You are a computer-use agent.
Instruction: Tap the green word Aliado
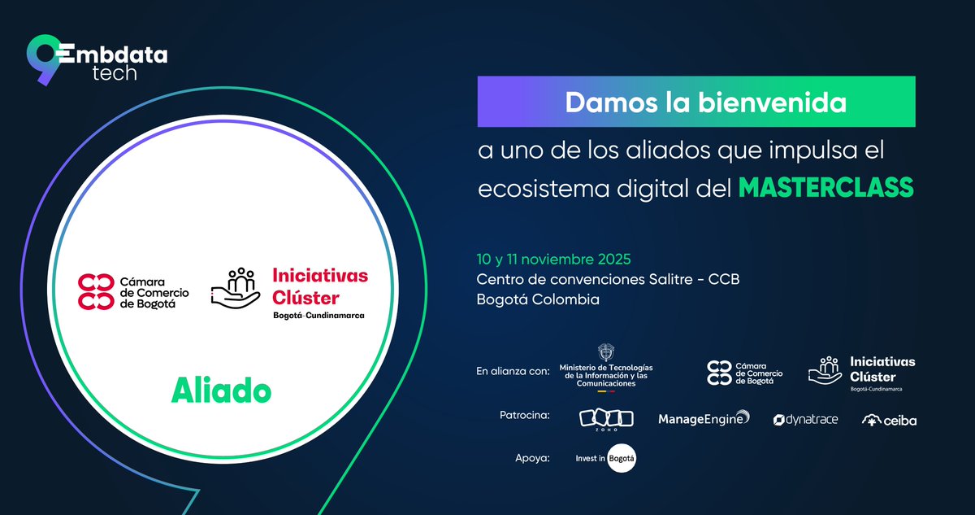pos(220,391)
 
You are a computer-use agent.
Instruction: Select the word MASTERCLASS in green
pos(825,187)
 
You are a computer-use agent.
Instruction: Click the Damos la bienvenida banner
pos(695,103)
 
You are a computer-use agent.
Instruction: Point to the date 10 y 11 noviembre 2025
pos(553,259)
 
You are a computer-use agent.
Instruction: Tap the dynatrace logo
pos(805,420)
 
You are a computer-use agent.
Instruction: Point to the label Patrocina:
pos(525,416)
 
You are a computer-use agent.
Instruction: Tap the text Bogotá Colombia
pos(538,299)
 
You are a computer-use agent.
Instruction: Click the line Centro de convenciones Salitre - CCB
pos(608,279)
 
